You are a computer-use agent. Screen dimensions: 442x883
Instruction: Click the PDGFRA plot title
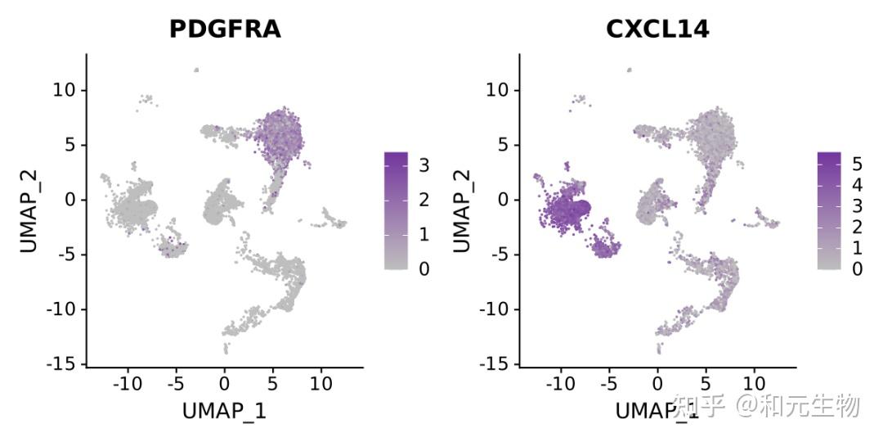coord(224,29)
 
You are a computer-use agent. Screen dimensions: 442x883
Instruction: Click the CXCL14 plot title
coord(657,29)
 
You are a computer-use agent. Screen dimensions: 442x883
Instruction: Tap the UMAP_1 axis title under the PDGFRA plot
coord(224,411)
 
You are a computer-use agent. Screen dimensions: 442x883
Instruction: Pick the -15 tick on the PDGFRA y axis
coord(64,363)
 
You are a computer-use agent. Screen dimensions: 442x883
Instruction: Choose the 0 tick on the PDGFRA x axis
coord(224,383)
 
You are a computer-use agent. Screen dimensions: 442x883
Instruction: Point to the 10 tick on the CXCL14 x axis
coord(755,383)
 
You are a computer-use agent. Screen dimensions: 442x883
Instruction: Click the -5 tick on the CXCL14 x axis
coord(608,383)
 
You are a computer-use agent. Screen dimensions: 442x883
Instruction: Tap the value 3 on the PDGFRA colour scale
coord(424,166)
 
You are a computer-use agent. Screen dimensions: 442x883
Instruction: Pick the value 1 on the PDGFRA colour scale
coord(424,234)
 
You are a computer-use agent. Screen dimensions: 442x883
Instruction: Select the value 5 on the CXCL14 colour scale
coord(856,163)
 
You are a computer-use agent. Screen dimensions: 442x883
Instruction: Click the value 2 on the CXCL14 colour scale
coord(856,226)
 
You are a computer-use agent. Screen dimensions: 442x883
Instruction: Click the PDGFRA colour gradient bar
coord(396,210)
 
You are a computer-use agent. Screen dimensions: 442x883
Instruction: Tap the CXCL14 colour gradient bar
coord(828,210)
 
